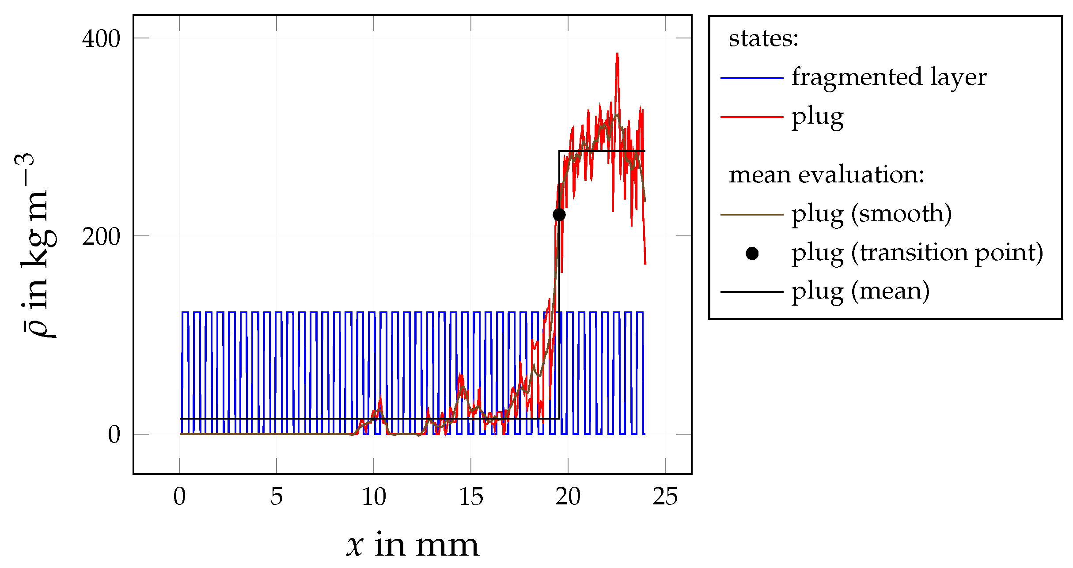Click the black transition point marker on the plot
[x=559, y=215]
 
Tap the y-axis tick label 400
[x=101, y=39]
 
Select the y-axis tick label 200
[x=101, y=237]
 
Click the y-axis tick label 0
[x=114, y=435]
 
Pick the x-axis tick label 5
[x=277, y=496]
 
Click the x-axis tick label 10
[x=374, y=496]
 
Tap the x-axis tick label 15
[x=471, y=496]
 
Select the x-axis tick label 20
[x=568, y=496]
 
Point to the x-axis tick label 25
[x=665, y=496]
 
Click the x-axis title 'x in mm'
[x=413, y=545]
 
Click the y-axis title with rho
[x=35, y=246]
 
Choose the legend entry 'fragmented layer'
[x=889, y=77]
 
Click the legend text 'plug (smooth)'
[x=872, y=214]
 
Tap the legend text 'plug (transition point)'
[x=917, y=253]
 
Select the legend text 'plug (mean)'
[x=861, y=292]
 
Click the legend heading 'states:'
[x=763, y=38]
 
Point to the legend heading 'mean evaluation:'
[x=826, y=175]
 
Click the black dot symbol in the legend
[x=752, y=254]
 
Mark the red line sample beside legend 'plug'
[x=752, y=117]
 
